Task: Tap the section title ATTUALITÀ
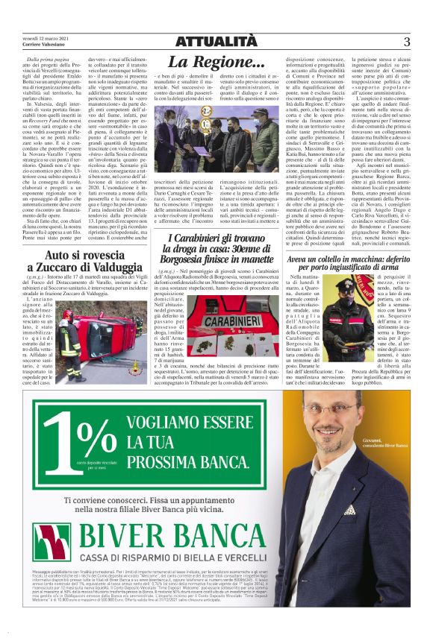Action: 216,40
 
